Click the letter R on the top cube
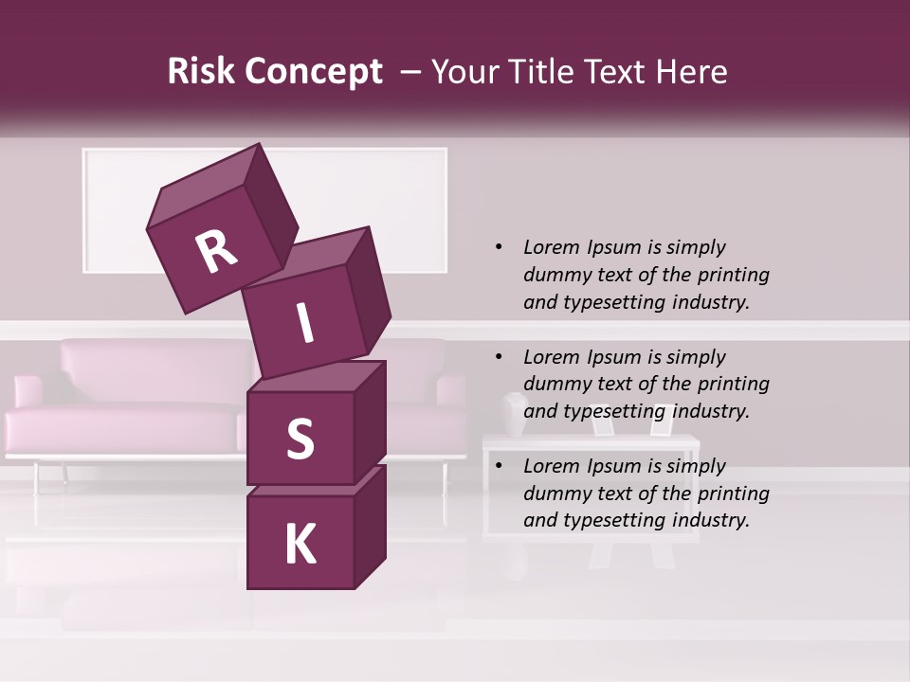point(216,252)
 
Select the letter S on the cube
point(300,439)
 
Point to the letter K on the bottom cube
point(300,545)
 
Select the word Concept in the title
point(314,72)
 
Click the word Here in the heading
point(692,72)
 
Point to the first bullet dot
point(499,247)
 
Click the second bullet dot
point(499,357)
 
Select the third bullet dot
point(499,466)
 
